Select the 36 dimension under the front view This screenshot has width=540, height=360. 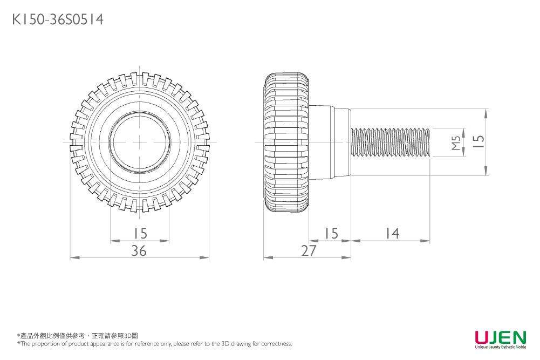pos(139,251)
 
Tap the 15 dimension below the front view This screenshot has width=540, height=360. pos(140,233)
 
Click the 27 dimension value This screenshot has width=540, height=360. pos(309,251)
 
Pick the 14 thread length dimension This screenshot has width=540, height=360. pos(392,233)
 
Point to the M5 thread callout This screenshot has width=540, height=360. pos(456,142)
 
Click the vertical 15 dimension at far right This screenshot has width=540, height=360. pos(478,141)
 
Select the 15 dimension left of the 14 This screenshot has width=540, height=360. pos(331,233)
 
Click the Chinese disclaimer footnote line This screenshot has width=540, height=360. pos(78,336)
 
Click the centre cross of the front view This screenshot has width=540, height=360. pos(140,142)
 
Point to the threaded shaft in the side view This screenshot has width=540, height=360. pos(391,142)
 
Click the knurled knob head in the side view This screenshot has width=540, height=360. pos(286,142)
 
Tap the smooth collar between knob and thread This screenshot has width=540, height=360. pos(329,142)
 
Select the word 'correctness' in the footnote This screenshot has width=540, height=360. pos(276,344)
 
